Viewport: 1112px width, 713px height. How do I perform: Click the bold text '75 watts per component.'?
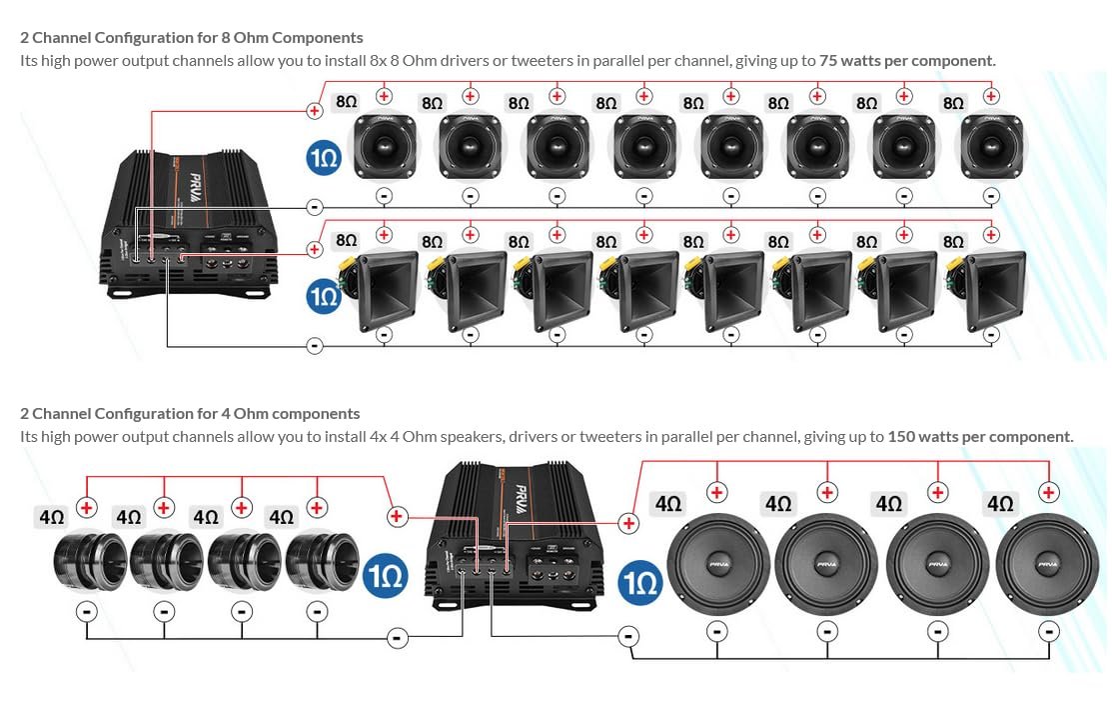(907, 61)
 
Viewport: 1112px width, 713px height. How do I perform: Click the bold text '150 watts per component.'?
(980, 437)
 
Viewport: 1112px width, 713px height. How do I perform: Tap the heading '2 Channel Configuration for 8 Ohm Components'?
(192, 38)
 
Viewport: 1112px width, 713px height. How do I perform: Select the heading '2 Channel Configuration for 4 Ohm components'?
(190, 414)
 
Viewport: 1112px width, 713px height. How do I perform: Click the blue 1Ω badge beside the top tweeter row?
(324, 157)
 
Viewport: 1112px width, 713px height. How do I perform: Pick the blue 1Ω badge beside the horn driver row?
(324, 296)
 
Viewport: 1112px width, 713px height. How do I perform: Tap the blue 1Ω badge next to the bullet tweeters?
(384, 577)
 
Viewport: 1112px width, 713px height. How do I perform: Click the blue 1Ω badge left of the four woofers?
(639, 582)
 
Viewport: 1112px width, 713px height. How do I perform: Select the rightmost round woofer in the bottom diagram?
(1046, 565)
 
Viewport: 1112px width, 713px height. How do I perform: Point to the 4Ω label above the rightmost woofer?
(999, 504)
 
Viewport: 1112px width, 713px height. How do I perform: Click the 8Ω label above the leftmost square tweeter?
(346, 103)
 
